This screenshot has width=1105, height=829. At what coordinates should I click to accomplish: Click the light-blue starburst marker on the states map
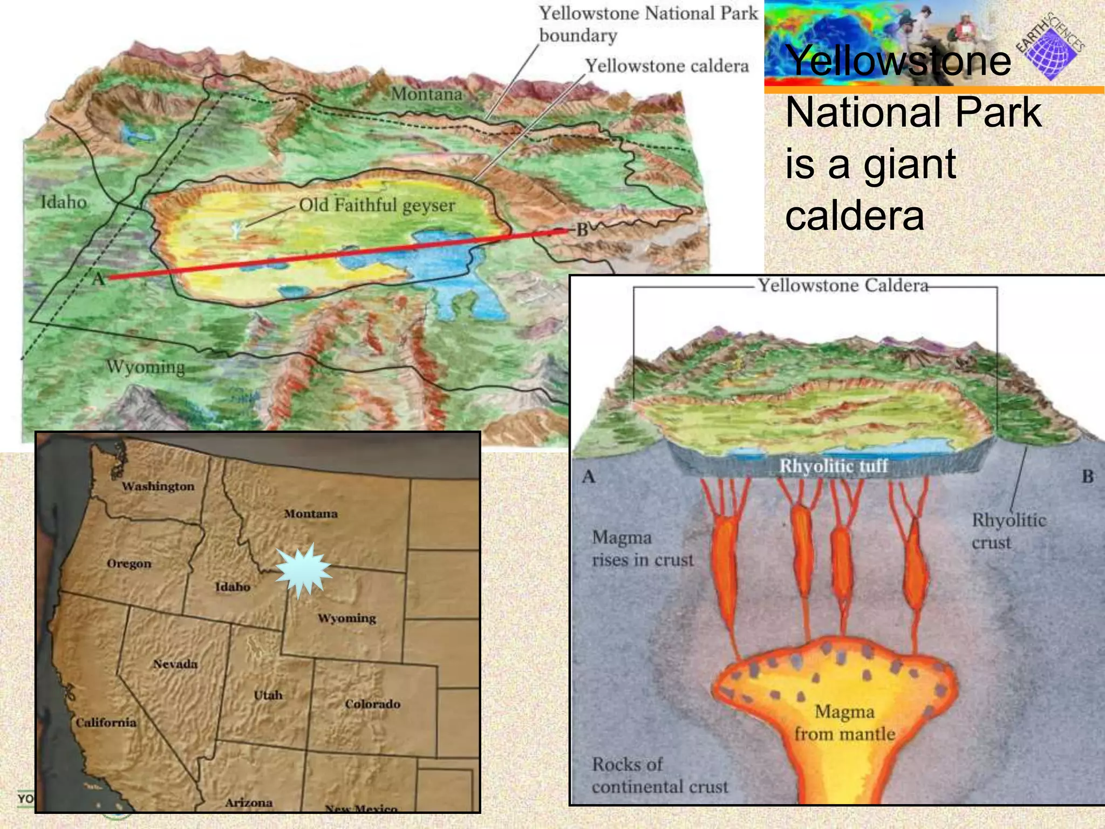point(303,571)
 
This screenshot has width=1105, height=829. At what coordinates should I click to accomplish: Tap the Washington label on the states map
point(158,486)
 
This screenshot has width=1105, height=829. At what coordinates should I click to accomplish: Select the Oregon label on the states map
point(129,563)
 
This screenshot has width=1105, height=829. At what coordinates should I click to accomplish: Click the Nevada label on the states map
point(175,664)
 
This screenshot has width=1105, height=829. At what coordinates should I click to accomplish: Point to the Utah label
point(268,695)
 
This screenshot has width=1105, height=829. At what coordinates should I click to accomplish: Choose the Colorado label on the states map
point(372,704)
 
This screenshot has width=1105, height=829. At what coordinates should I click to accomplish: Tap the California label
point(106,722)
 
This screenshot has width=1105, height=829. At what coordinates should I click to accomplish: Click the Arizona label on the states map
point(248,803)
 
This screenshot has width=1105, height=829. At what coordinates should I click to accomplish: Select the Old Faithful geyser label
point(377,205)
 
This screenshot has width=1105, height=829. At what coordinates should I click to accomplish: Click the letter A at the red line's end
point(98,279)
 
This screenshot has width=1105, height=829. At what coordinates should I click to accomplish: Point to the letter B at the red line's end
point(582,230)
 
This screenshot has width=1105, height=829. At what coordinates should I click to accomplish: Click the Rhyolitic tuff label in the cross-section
point(833,466)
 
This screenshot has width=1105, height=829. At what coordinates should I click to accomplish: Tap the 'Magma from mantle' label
point(844,723)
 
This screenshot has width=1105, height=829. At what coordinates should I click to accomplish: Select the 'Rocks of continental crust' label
point(659,776)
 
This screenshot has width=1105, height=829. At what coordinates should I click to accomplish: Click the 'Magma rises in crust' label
point(642,548)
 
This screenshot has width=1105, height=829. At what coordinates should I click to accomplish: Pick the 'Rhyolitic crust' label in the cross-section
point(1008,531)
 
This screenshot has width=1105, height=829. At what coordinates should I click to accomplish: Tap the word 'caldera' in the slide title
point(854,215)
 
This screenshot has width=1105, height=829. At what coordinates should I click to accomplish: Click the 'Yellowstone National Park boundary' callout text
point(648,24)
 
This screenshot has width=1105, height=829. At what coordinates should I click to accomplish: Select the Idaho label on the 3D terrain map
point(64,202)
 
